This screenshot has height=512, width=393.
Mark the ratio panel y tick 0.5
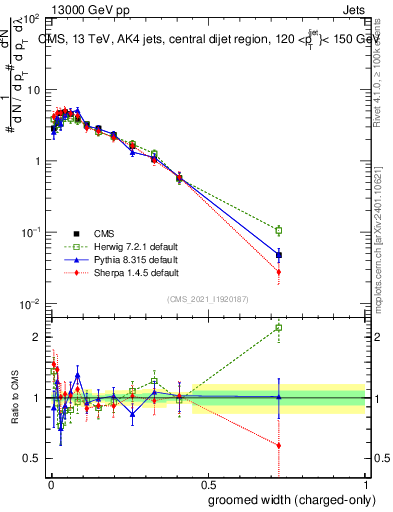tap(32, 458)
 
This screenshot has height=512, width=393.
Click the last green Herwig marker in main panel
tap(279, 229)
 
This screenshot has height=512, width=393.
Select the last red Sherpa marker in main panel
tap(279, 271)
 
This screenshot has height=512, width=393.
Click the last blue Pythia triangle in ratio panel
tap(279, 397)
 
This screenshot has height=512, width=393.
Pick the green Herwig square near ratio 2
tap(279, 327)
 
